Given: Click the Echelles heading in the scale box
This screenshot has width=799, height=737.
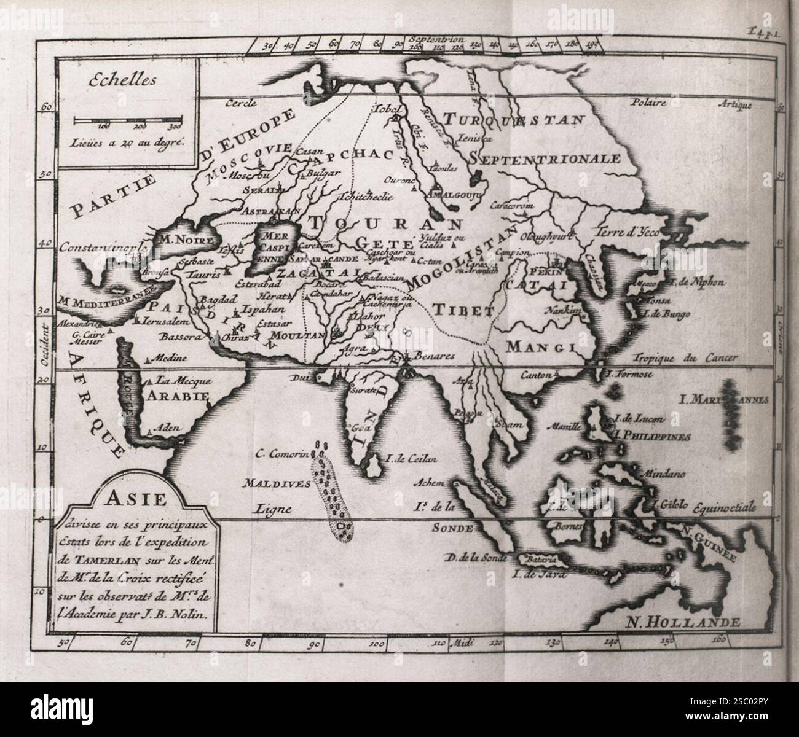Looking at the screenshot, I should (122, 80).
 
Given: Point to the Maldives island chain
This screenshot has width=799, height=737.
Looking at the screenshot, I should (331, 491).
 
